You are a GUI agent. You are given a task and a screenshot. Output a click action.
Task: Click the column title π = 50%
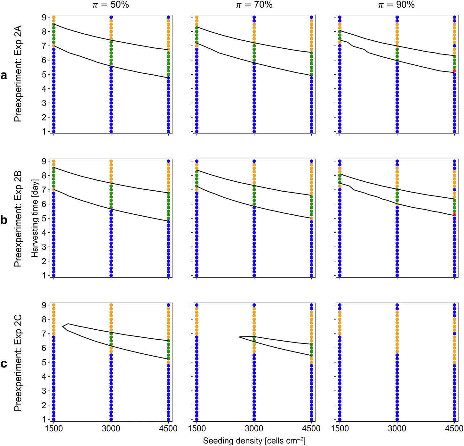pos(110,5)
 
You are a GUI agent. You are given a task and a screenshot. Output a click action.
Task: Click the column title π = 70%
pos(254,5)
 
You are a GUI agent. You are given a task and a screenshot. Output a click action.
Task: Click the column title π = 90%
pos(397,5)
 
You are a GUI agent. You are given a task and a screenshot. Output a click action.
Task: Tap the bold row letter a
pos(4,76)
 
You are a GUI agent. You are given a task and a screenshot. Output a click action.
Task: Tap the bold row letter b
pos(4,220)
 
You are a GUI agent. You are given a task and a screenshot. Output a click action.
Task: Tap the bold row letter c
pos(4,364)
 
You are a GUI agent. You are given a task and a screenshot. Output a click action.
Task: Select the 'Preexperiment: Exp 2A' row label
pos(18,74)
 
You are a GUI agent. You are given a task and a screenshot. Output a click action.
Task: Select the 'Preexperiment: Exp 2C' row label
pos(18,362)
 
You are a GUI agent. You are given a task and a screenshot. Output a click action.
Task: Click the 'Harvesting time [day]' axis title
pos(35,218)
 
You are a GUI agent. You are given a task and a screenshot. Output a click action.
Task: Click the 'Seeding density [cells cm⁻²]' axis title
pos(254,441)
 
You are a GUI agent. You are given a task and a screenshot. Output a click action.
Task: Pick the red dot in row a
pos(454,71)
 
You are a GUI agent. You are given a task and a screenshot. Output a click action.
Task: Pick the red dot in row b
pos(454,215)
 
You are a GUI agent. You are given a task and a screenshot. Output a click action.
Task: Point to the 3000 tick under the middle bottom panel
pos(254,429)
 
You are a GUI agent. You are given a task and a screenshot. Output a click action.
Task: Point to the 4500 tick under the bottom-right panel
pos(454,429)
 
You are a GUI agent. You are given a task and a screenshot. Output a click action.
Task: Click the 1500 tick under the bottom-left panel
pos(54,429)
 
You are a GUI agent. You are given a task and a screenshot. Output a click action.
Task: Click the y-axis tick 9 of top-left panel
pos(44,17)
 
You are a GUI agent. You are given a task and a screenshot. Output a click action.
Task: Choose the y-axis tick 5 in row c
pos(44,362)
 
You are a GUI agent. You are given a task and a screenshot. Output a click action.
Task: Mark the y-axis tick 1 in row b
pos(44,276)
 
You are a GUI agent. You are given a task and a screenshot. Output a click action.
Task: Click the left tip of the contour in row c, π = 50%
pos(63,326)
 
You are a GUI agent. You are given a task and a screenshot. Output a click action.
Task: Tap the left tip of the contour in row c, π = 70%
pos(239,337)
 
